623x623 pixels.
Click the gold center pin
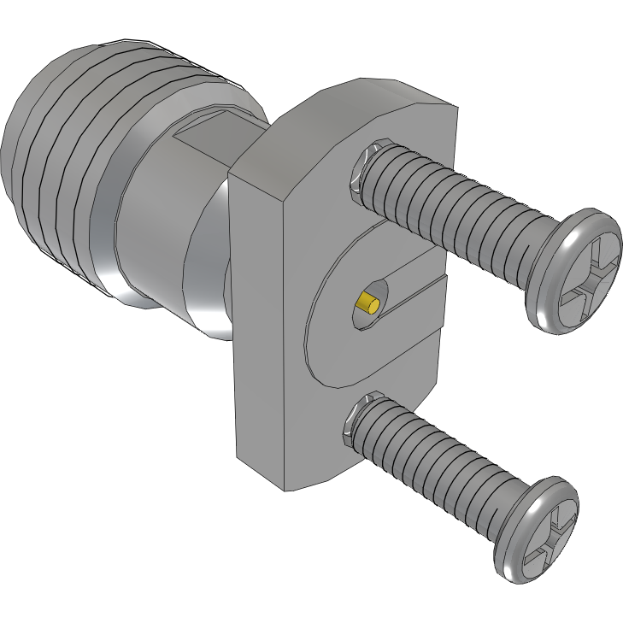tap(369, 303)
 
